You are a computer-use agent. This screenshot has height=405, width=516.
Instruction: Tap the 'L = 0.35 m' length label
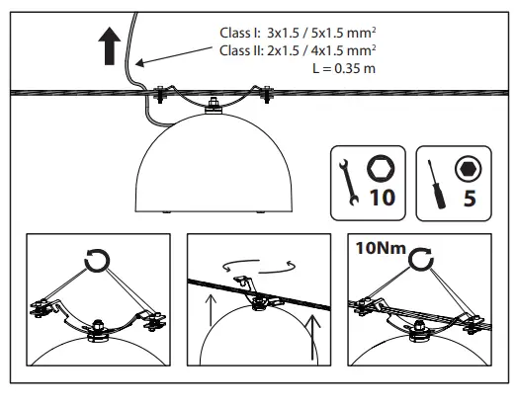point(342,68)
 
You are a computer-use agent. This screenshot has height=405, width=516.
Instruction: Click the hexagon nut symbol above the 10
point(380,165)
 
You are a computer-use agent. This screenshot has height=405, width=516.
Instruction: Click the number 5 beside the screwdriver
point(468,197)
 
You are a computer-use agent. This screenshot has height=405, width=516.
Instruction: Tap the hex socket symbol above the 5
point(467,166)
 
